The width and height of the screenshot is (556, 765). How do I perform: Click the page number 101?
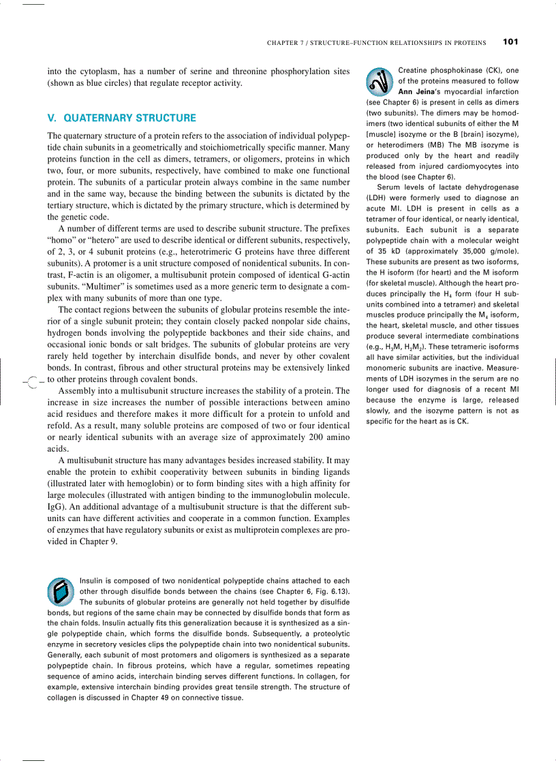click(x=510, y=42)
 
